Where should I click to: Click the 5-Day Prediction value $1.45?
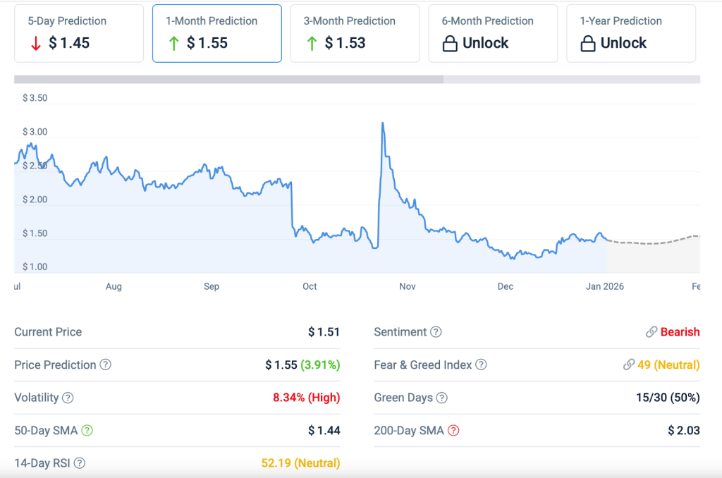coord(69,43)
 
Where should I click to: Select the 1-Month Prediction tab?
coord(217,33)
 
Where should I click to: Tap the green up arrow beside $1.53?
coord(312,44)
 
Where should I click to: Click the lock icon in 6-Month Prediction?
coord(449,44)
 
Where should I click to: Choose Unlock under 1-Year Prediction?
coord(623,44)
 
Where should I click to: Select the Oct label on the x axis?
coord(310,286)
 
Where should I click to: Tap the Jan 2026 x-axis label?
coord(604,286)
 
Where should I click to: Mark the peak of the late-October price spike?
coord(382,123)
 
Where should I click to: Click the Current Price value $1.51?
coord(324,332)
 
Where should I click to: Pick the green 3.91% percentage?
coord(320,365)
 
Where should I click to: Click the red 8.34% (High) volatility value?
coord(306,398)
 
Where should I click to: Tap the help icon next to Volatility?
coord(68,398)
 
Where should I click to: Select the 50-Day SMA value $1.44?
coord(324,431)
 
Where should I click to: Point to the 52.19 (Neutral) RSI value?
coord(300,463)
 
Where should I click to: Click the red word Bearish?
coord(680,332)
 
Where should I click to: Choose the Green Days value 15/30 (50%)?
coord(667,398)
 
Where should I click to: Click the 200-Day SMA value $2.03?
coord(683,431)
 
